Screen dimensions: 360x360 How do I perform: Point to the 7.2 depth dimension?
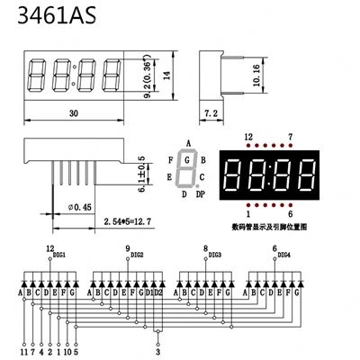coord(211,114)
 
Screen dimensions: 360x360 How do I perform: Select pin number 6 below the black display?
coord(290,214)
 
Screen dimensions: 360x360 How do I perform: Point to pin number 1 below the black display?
coord(248,214)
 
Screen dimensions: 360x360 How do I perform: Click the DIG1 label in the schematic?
coord(59,255)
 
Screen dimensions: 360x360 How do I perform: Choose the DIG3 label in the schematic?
coord(214,255)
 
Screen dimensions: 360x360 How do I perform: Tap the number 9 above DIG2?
coord(128,247)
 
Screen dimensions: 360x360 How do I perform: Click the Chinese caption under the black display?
coord(269,227)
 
